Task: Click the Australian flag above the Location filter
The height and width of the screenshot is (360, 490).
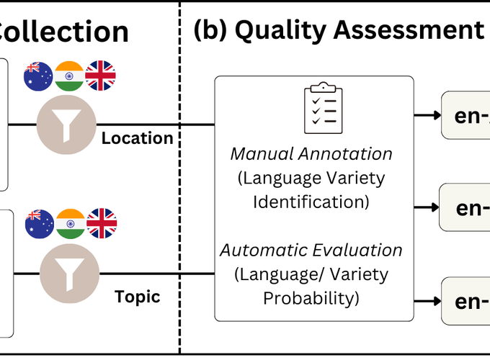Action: click(x=38, y=76)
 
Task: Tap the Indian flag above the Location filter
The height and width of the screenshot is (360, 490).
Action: click(x=69, y=76)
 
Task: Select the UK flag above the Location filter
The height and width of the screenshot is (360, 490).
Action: click(x=100, y=76)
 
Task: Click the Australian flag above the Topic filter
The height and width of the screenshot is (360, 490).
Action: click(x=39, y=223)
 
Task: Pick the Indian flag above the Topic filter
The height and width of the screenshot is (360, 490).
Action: click(x=70, y=223)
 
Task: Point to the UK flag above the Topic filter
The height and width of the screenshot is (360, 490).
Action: click(x=102, y=223)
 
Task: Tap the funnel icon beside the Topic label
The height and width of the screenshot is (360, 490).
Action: click(x=68, y=272)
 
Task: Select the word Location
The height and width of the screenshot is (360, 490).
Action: click(x=137, y=138)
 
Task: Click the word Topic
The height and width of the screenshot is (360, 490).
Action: click(x=137, y=297)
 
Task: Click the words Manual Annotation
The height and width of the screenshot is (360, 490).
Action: click(x=311, y=153)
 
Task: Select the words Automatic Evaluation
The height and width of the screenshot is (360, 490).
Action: click(x=311, y=251)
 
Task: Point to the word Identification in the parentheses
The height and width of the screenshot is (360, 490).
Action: click(x=311, y=201)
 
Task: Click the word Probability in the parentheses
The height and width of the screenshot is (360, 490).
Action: click(x=311, y=297)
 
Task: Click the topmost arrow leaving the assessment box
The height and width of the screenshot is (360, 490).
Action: click(x=427, y=114)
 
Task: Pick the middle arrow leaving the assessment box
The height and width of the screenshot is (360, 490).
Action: click(x=427, y=207)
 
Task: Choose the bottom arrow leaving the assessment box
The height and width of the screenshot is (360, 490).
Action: click(x=427, y=300)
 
